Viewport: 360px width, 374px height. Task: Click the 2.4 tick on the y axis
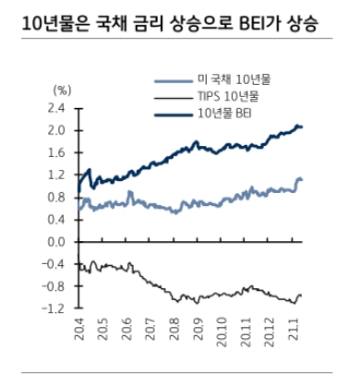pyautogui.click(x=56, y=108)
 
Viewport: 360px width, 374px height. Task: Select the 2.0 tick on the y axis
pyautogui.click(x=56, y=130)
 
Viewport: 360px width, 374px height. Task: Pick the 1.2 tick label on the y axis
pyautogui.click(x=56, y=175)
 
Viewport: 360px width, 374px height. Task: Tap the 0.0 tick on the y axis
pyautogui.click(x=56, y=241)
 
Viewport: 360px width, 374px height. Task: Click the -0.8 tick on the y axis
pyautogui.click(x=54, y=285)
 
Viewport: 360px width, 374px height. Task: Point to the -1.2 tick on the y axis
pyautogui.click(x=54, y=308)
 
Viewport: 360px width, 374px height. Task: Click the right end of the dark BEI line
pyautogui.click(x=302, y=127)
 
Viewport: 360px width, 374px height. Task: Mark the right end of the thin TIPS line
pyautogui.click(x=302, y=296)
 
